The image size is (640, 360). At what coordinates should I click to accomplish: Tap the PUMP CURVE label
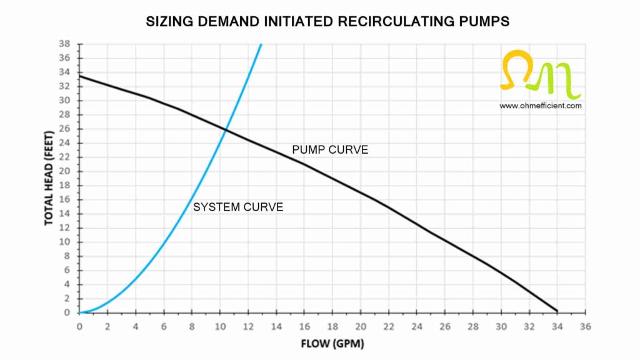[x=330, y=150]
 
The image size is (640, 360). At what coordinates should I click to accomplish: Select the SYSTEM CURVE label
[x=238, y=207]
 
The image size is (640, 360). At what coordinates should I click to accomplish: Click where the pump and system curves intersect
[x=226, y=129]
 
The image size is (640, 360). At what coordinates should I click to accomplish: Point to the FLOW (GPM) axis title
[x=332, y=344]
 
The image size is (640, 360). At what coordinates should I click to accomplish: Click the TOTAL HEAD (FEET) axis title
[x=49, y=178]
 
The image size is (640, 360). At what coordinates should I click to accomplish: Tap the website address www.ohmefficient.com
[x=541, y=106]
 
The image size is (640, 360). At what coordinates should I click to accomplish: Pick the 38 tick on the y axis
[x=64, y=44]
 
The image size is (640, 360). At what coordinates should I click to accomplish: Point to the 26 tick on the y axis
[x=64, y=129]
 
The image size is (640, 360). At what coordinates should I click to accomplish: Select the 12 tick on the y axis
[x=64, y=228]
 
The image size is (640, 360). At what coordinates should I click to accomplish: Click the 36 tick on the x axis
[x=585, y=326]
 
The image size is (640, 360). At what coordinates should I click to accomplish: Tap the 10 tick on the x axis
[x=220, y=326]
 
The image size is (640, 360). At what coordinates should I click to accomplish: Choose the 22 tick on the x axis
[x=389, y=326]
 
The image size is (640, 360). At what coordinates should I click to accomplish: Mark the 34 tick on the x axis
[x=557, y=326]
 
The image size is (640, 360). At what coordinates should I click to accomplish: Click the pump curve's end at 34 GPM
[x=557, y=311]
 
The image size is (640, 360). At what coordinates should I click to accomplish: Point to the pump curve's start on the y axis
[x=80, y=76]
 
